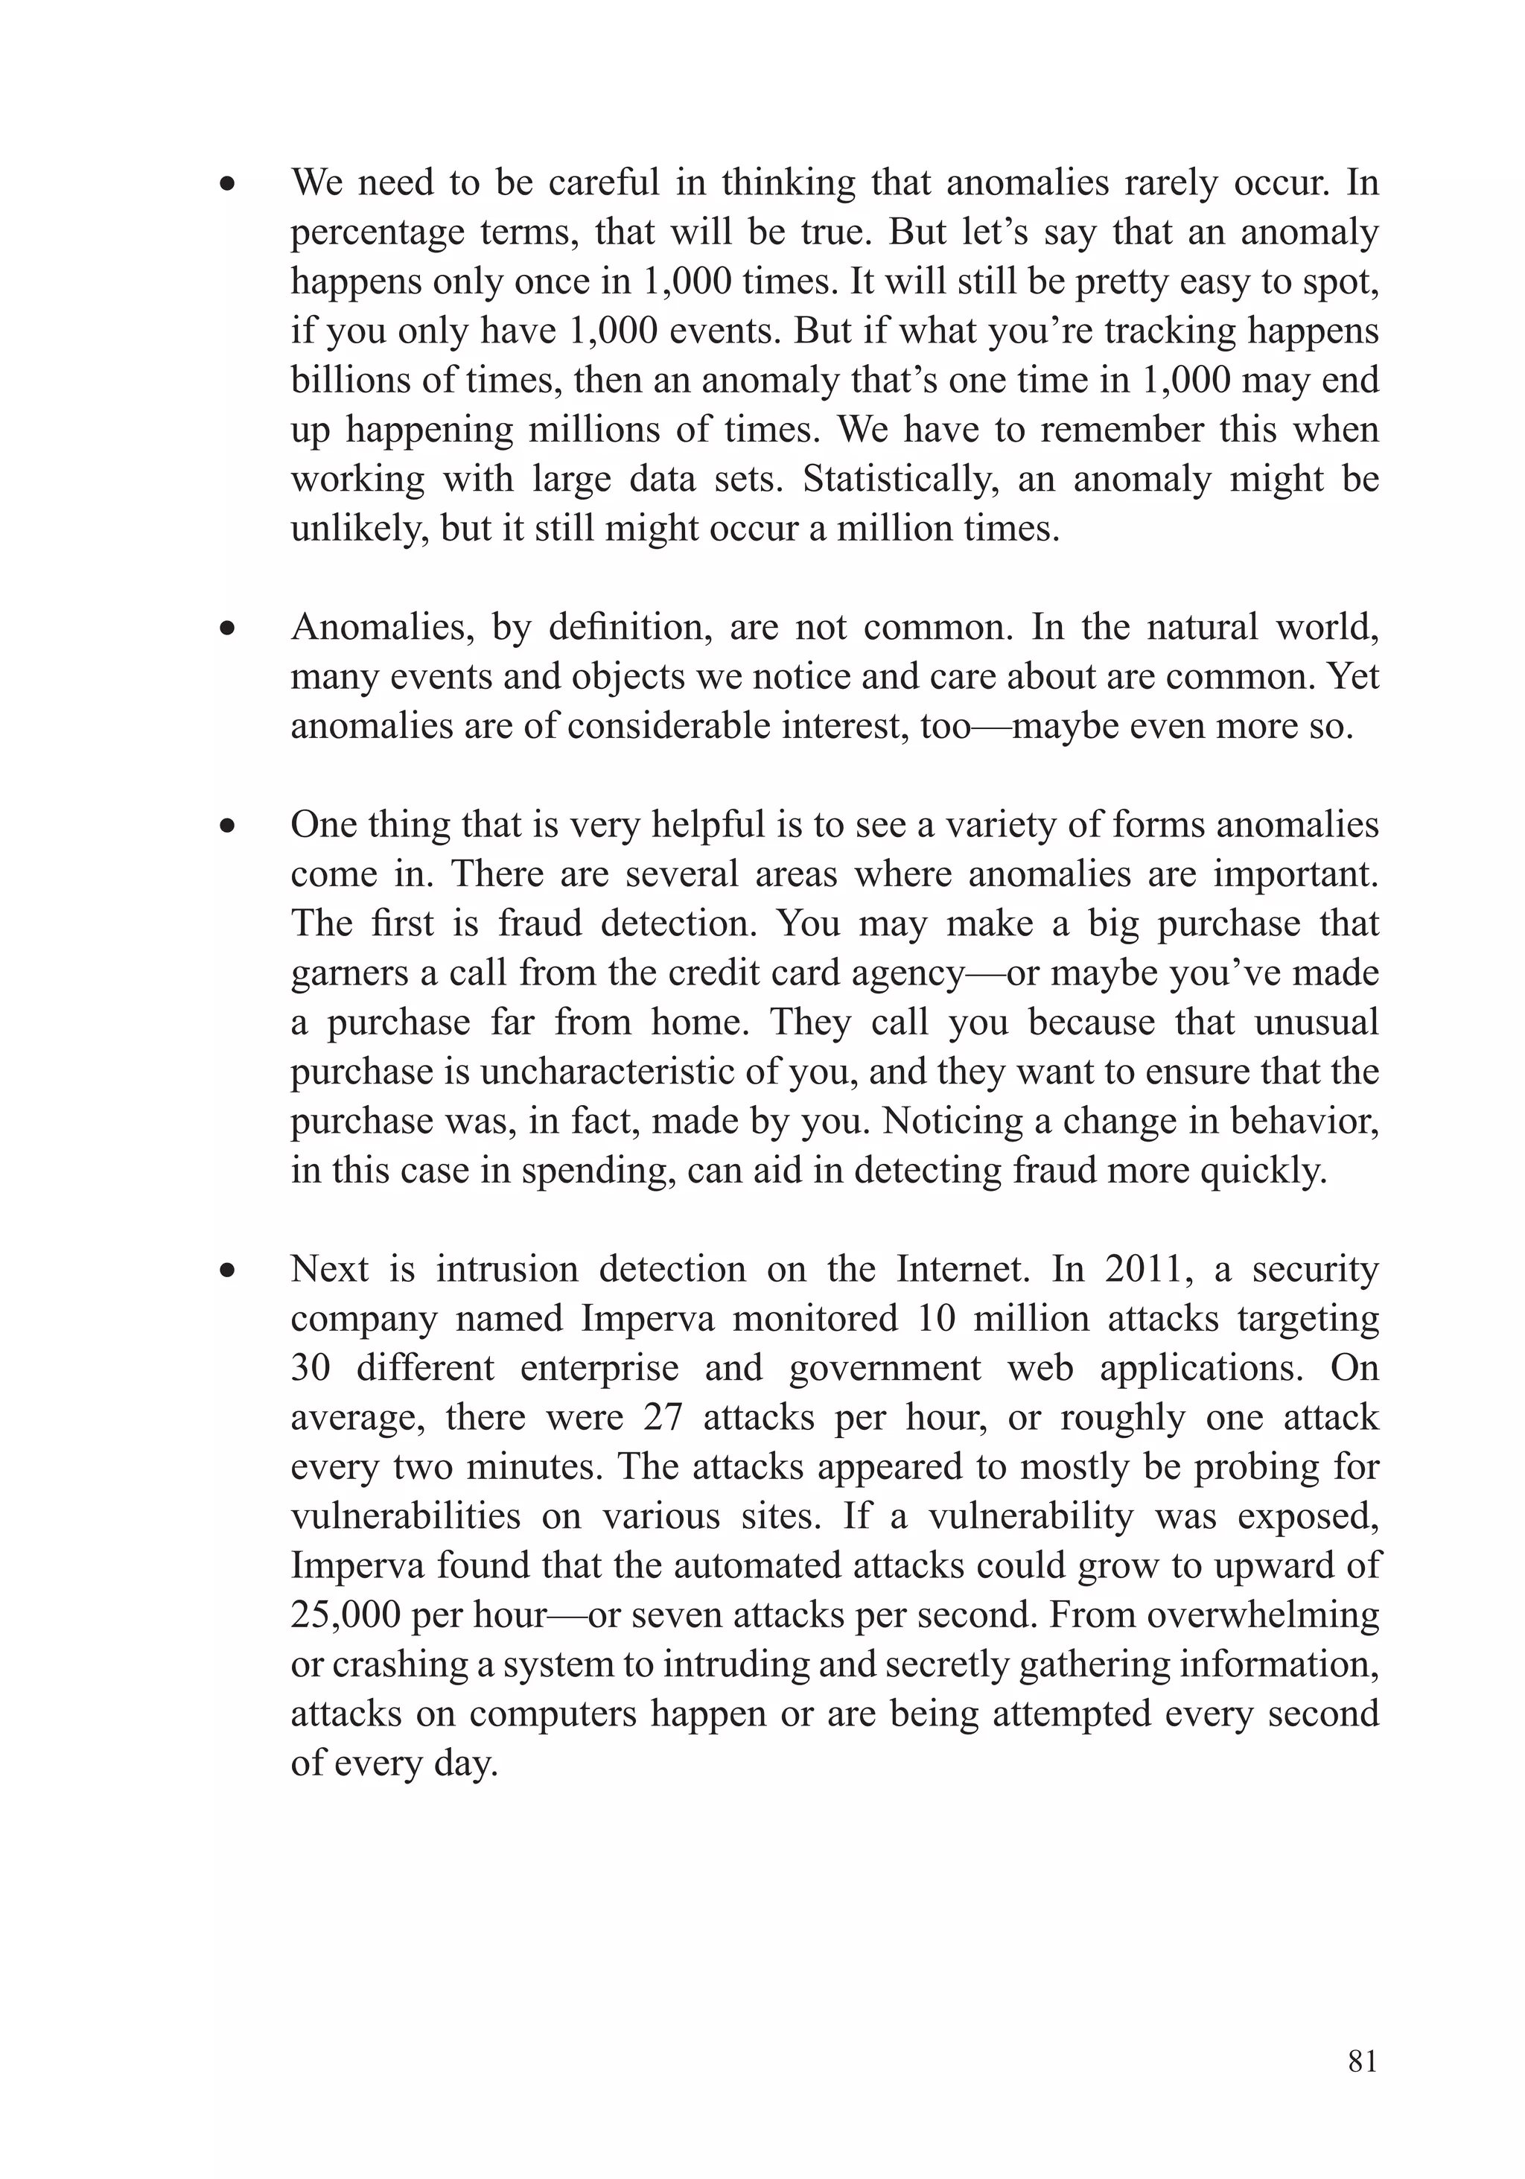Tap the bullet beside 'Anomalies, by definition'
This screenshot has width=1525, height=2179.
point(226,629)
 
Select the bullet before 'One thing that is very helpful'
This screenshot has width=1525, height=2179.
point(226,827)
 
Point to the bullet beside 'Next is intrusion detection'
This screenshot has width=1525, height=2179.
point(226,1270)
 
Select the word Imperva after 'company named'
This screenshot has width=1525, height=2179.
point(647,1318)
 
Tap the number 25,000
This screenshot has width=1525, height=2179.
point(343,1615)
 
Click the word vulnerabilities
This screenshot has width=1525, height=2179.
point(405,1515)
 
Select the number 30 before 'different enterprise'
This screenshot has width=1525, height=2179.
point(311,1367)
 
